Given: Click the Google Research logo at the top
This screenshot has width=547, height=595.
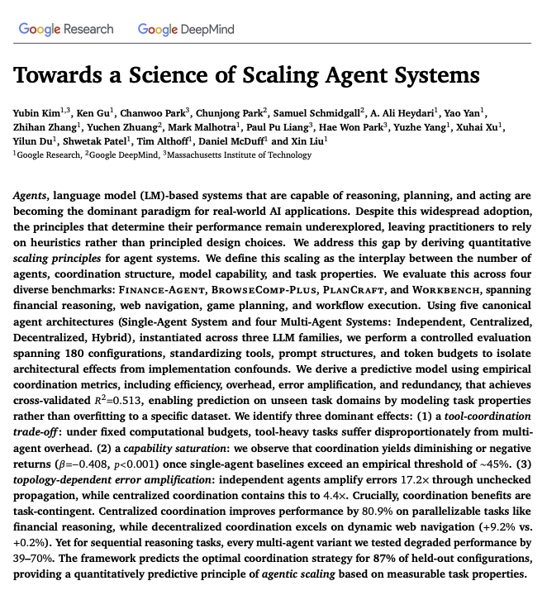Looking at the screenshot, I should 65,29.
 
